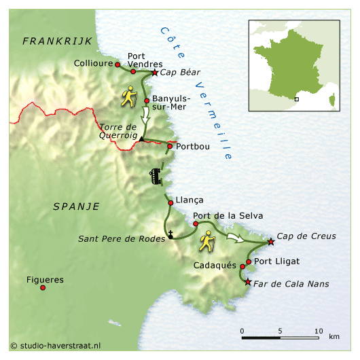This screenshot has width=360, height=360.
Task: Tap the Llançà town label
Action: (190, 200)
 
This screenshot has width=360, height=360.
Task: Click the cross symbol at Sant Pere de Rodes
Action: (171, 235)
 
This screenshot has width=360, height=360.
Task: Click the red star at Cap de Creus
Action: (271, 241)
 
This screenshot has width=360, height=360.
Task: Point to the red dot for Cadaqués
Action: (242, 266)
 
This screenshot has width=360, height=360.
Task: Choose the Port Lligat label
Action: (276, 261)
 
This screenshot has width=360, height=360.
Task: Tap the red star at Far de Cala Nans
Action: (248, 282)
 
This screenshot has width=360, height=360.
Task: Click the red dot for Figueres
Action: (43, 287)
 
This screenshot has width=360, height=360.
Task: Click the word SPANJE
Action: (75, 206)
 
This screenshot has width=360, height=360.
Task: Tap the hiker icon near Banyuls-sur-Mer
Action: (129, 97)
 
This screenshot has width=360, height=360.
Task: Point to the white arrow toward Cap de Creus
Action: (235, 238)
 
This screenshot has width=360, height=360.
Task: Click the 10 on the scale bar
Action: (318, 331)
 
